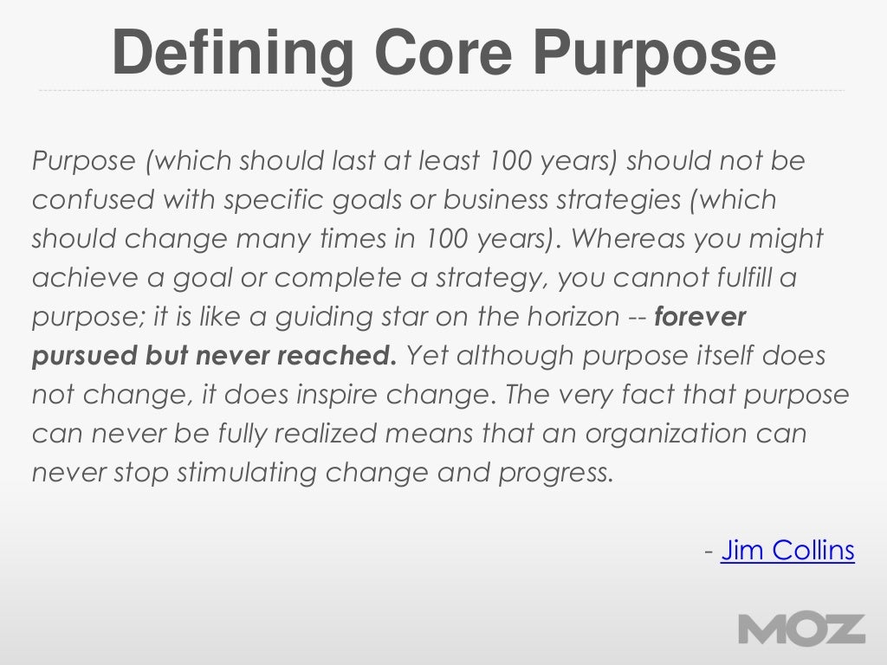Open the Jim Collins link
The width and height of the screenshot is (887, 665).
(787, 550)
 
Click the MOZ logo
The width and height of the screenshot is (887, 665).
(801, 629)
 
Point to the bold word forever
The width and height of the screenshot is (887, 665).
(700, 317)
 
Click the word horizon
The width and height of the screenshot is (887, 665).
(568, 317)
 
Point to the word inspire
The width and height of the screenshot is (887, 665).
(331, 395)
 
